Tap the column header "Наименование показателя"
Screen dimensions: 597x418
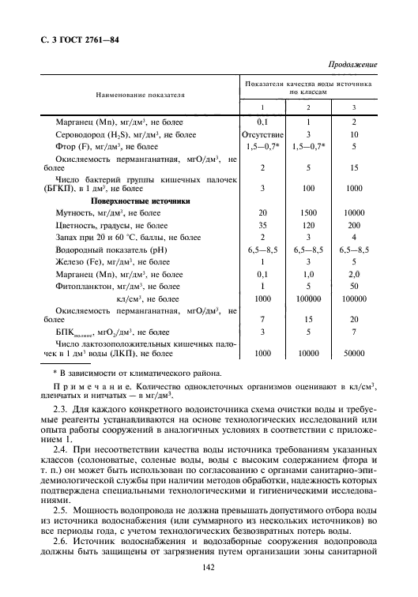pos(141,94)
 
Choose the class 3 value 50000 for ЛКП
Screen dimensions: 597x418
pos(353,355)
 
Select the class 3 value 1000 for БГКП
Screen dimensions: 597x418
pos(353,188)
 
